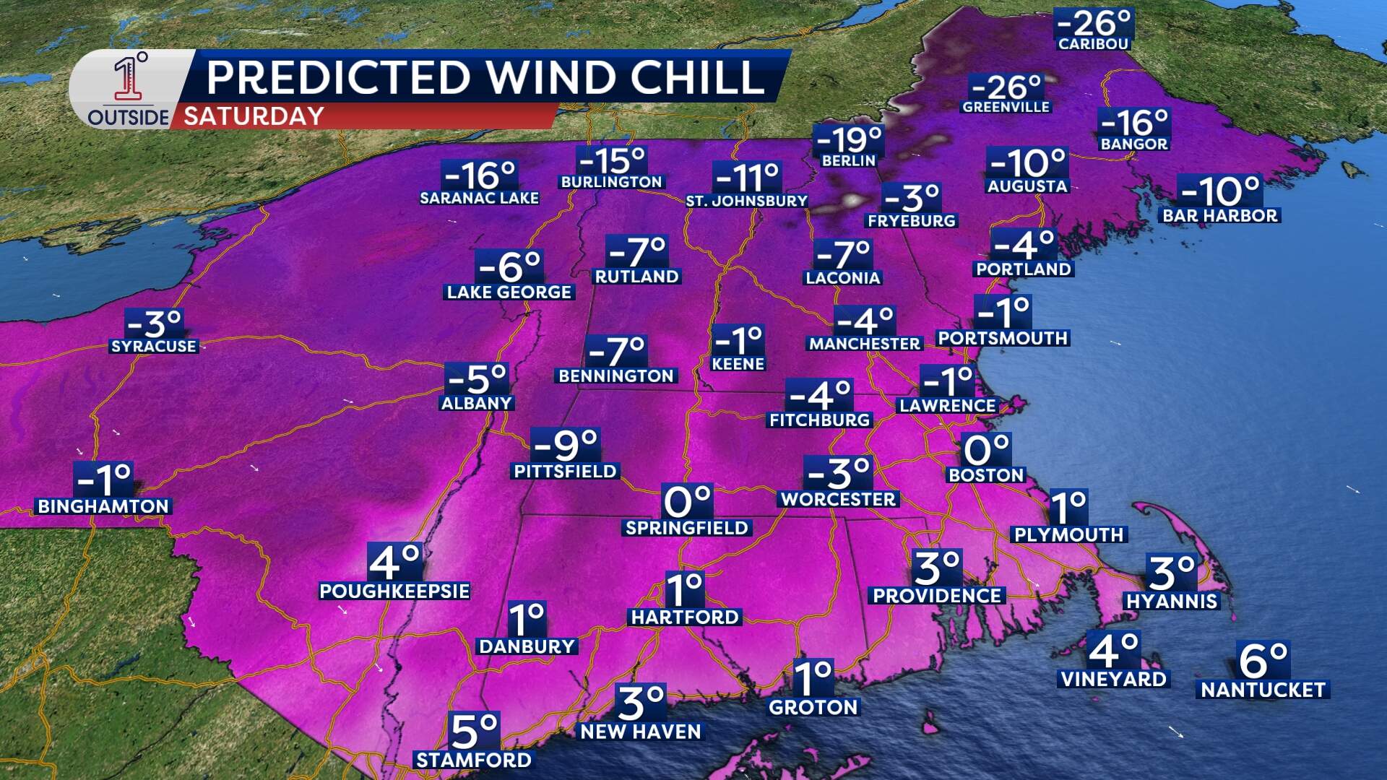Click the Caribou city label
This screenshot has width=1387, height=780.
(x=1093, y=44)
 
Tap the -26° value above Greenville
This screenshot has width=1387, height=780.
(x=1006, y=88)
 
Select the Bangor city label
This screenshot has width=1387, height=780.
(x=1133, y=144)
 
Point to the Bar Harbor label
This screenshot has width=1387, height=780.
(x=1219, y=215)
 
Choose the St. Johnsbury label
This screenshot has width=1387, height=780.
(x=746, y=201)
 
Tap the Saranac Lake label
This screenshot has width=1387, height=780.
(x=479, y=198)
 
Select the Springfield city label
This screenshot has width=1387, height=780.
(x=686, y=528)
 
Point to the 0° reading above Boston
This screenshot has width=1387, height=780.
(x=986, y=451)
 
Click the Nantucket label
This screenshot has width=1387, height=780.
(x=1263, y=690)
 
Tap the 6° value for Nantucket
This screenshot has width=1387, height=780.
(x=1263, y=659)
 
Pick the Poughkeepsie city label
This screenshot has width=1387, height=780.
(x=394, y=591)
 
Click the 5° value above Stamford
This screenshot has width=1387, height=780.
(x=474, y=731)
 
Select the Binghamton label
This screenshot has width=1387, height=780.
(x=103, y=506)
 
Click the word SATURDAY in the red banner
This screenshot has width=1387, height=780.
(x=254, y=116)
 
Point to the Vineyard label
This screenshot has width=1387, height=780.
(x=1112, y=679)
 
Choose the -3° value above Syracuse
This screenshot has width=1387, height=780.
(x=154, y=324)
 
